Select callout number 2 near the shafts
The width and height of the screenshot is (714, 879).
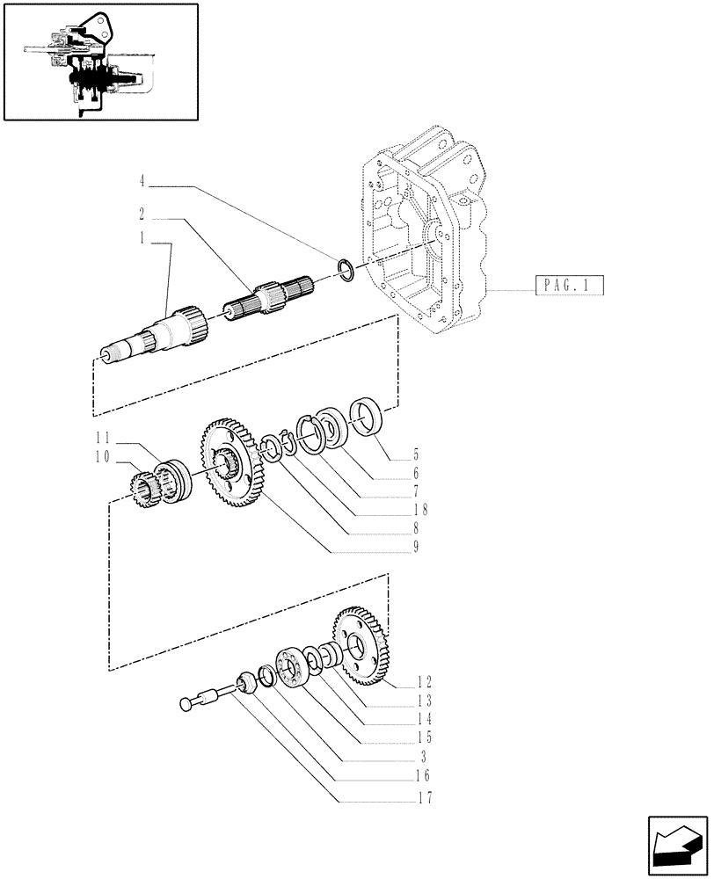[141, 213]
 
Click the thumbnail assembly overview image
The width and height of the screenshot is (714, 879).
[100, 61]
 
